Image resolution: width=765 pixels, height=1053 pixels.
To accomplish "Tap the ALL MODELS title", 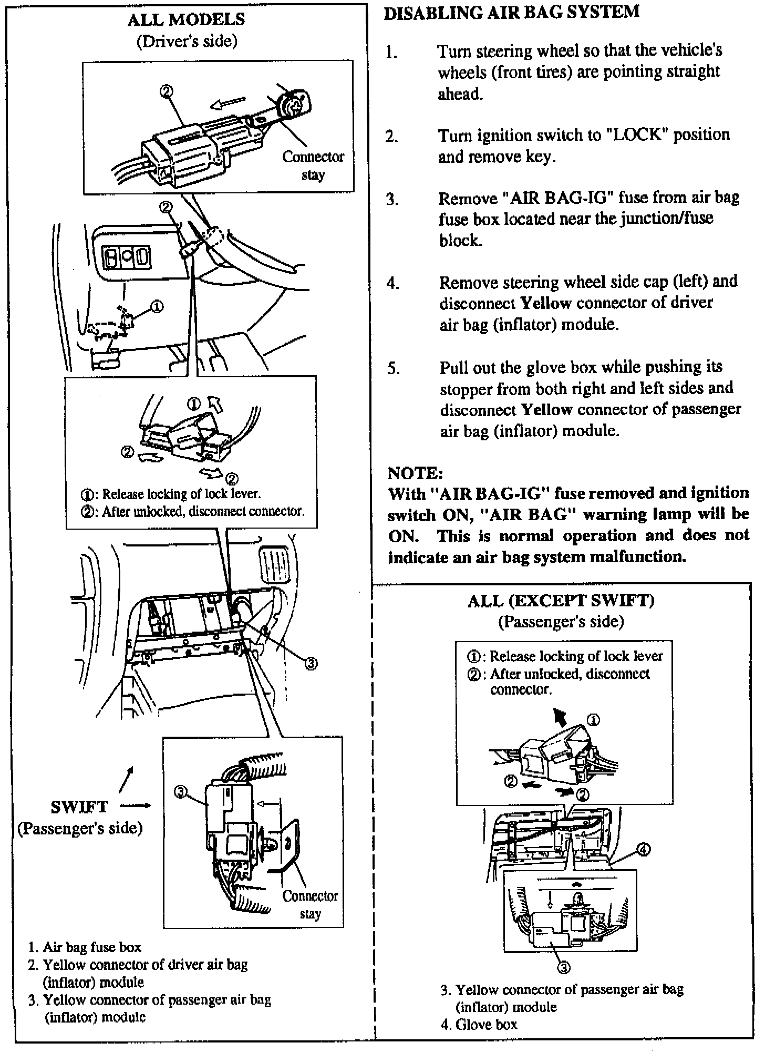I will [186, 19].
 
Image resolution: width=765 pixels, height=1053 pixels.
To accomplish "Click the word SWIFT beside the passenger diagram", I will [79, 806].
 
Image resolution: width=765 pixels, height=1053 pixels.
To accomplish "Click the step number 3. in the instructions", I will [392, 200].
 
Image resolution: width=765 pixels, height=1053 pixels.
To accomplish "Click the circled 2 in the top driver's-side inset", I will [166, 91].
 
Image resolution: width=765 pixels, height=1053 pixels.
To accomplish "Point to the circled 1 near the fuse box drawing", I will [157, 306].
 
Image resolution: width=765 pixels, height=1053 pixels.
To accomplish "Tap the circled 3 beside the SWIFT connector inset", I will [180, 792].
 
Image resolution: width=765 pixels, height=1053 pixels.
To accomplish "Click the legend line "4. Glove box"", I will [479, 1024].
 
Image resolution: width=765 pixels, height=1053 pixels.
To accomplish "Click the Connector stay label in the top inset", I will [313, 166].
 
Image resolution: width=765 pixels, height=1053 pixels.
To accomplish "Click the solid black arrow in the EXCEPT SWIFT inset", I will [561, 716].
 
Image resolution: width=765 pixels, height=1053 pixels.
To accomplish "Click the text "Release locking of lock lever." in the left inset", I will [181, 494].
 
